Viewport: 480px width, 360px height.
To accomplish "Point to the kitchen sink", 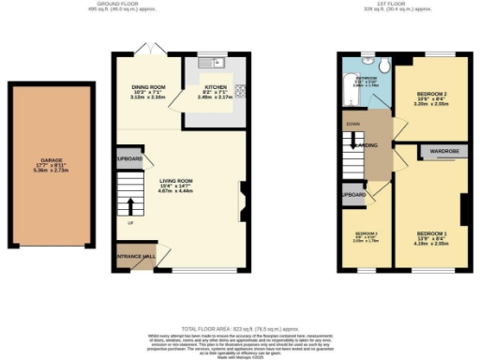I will click(x=211, y=64).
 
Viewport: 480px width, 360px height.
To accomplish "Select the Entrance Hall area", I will click(x=134, y=256).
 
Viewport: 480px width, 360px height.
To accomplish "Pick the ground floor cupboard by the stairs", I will click(x=130, y=157).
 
